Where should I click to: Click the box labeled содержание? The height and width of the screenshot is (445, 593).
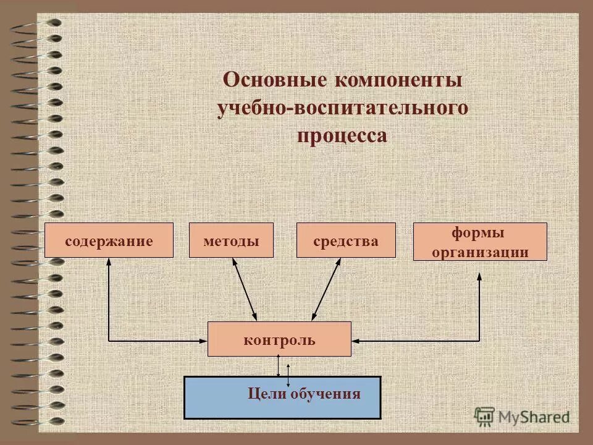[109, 240]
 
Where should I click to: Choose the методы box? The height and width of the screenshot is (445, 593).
[231, 240]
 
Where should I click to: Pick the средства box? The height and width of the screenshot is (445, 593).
[346, 240]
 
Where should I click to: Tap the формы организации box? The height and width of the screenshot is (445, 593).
[479, 241]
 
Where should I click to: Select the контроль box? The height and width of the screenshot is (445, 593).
[279, 339]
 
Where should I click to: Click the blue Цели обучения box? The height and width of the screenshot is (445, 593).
[282, 397]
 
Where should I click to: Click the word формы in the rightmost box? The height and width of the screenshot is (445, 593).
[479, 233]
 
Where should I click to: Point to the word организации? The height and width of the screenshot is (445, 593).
[480, 251]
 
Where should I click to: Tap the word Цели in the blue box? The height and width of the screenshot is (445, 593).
[264, 394]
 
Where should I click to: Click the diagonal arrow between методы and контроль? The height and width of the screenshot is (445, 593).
[245, 289]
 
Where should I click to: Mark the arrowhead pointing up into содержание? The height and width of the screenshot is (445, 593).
[109, 262]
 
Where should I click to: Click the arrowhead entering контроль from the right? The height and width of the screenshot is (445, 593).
[356, 340]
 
